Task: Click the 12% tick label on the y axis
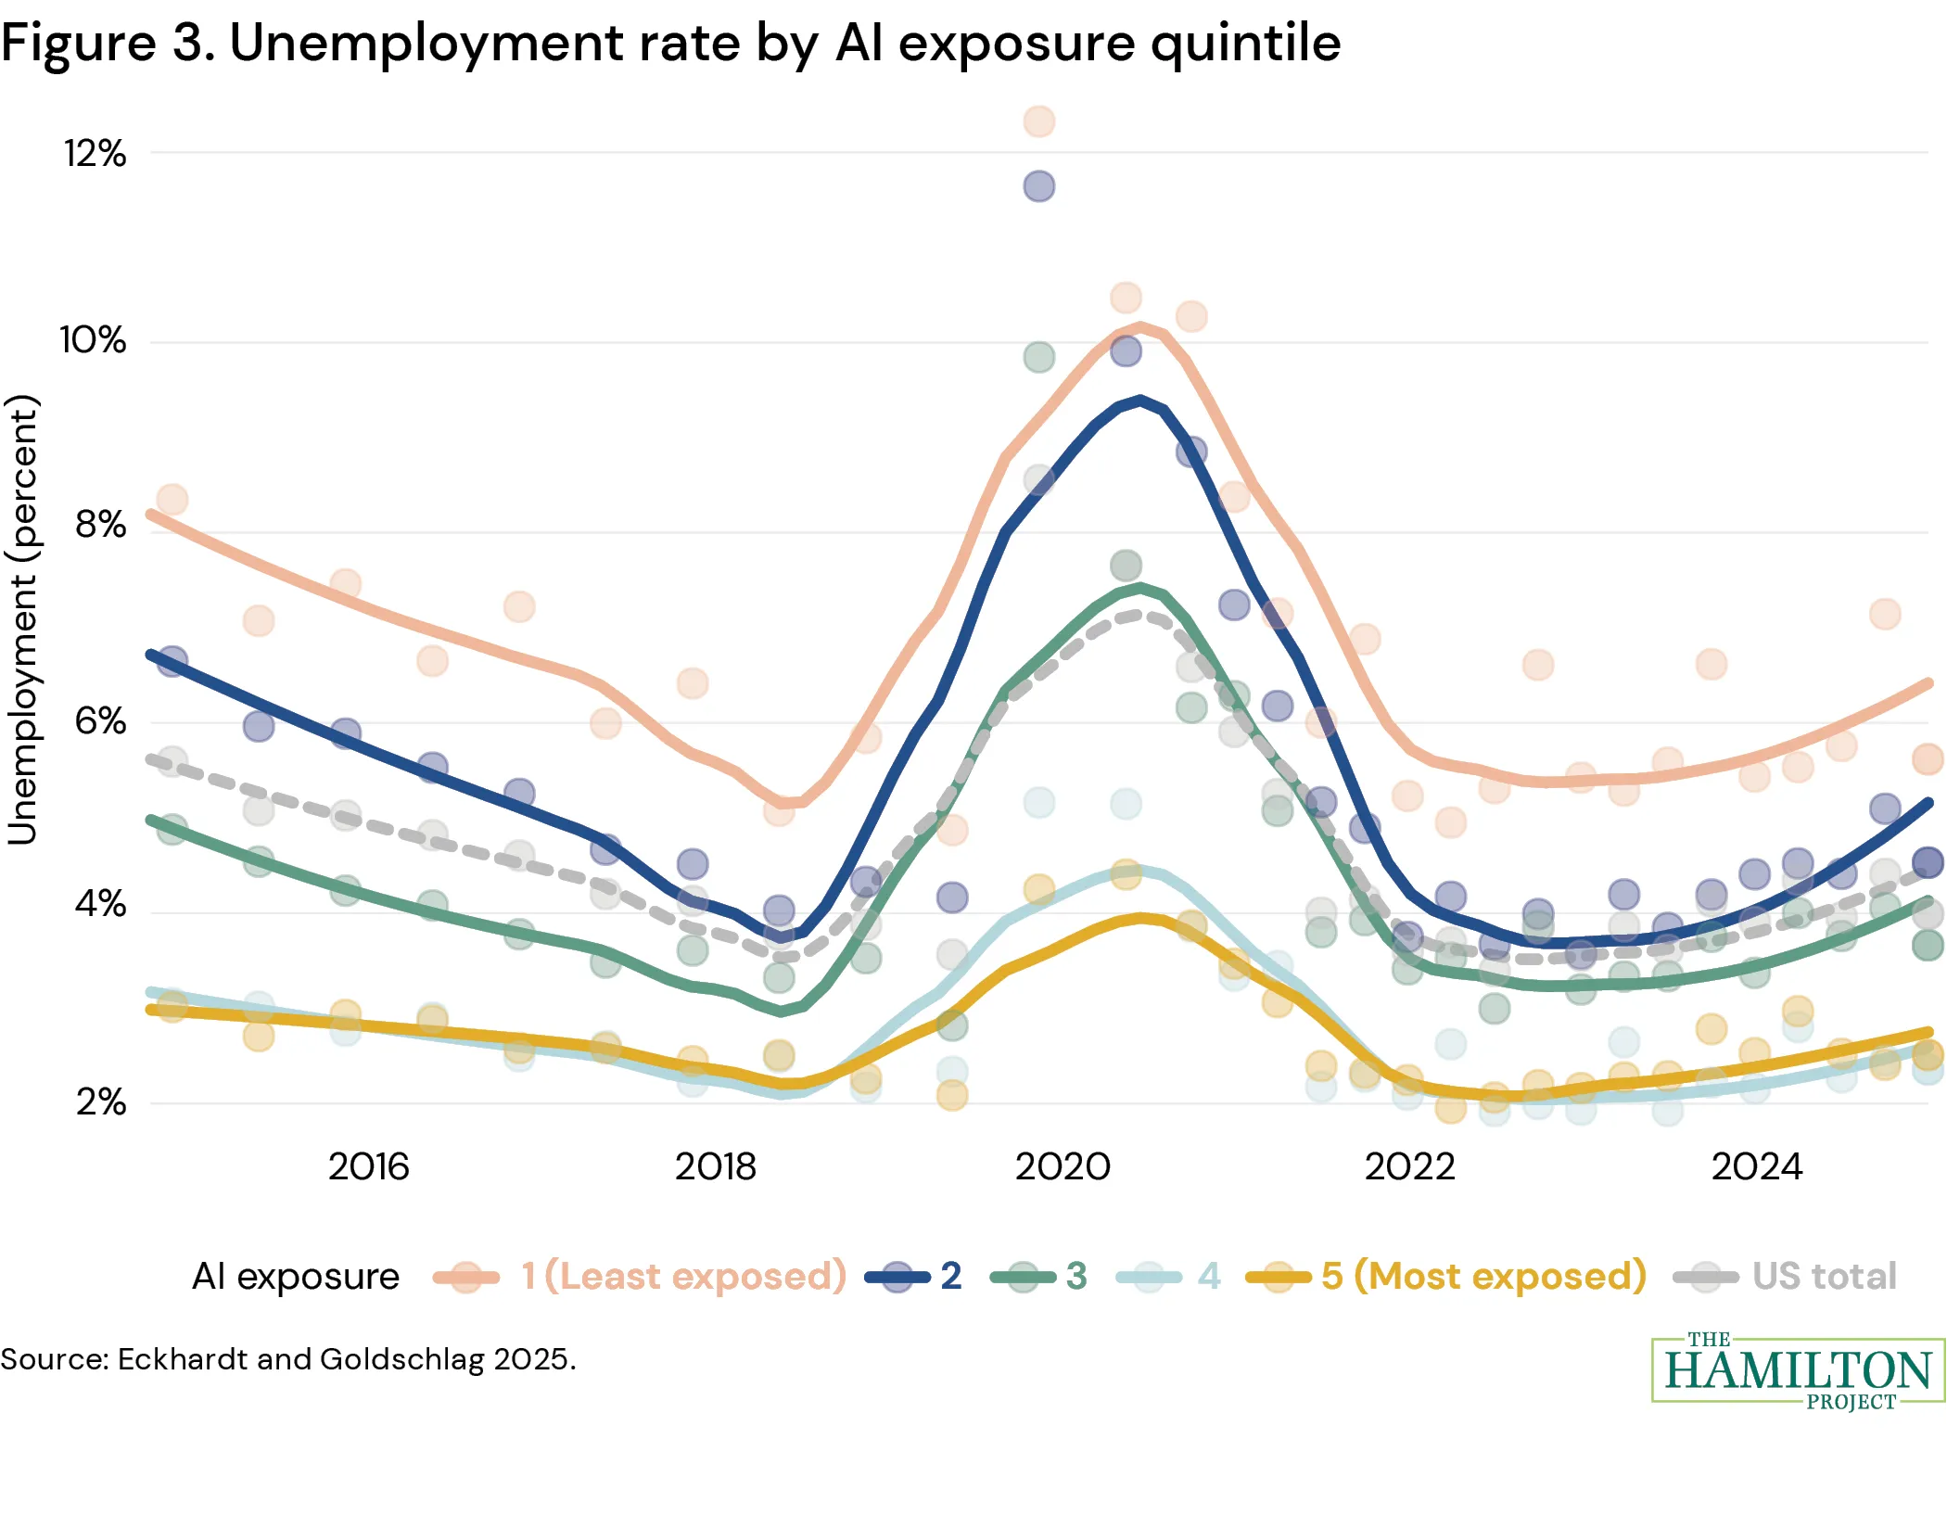tap(95, 154)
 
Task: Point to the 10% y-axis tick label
tap(93, 340)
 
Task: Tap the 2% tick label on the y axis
tap(100, 1101)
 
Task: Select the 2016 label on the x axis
tap(368, 1166)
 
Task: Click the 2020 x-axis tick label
tap(1063, 1166)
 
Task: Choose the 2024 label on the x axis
tap(1756, 1166)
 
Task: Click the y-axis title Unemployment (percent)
tap(22, 619)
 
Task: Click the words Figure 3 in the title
tap(107, 43)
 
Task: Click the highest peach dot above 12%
tap(1038, 121)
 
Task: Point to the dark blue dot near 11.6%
tap(1038, 186)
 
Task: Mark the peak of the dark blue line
tap(1140, 401)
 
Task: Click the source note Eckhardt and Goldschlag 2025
tap(287, 1359)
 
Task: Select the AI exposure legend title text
tap(295, 1276)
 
